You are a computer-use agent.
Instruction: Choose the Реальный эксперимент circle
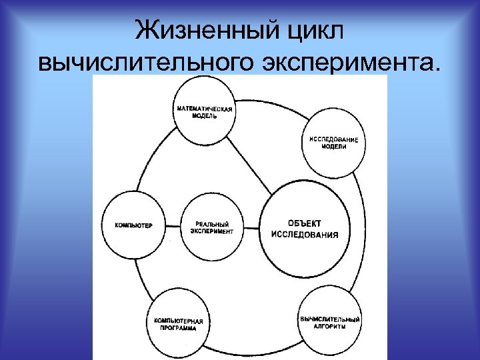coord(212,226)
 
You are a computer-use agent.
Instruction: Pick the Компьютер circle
coord(133,225)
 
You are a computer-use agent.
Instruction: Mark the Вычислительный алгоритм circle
coord(329,321)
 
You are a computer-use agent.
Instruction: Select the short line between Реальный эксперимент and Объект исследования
coord(253,226)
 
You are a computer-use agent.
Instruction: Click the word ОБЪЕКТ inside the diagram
coord(304,223)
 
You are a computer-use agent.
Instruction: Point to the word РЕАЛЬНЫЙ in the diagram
coord(212,223)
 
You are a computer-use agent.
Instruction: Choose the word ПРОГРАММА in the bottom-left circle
coord(178,328)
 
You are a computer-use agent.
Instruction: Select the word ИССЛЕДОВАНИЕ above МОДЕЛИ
coord(333,139)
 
